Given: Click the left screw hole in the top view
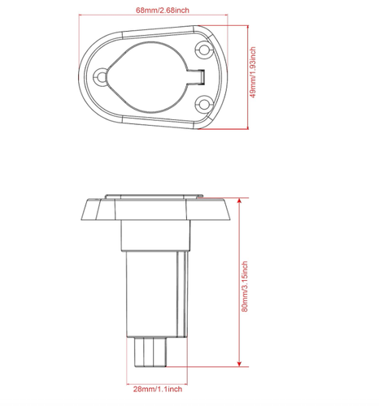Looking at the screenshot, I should (x=101, y=76).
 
